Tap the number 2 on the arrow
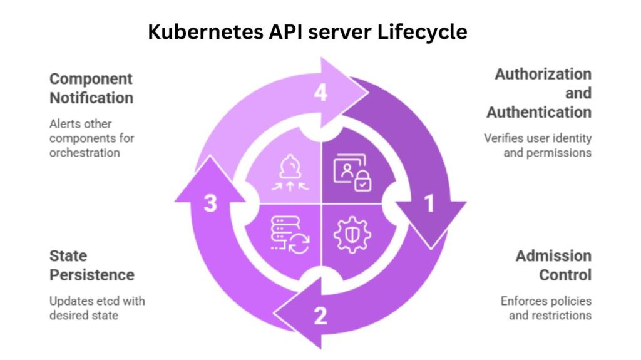pyautogui.click(x=320, y=316)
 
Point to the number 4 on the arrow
pyautogui.click(x=320, y=93)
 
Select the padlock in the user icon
pyautogui.click(x=362, y=182)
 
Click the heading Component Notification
pyautogui.click(x=91, y=88)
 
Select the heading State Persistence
pyautogui.click(x=91, y=265)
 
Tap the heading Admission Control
pyautogui.click(x=553, y=265)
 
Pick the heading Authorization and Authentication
pyautogui.click(x=540, y=93)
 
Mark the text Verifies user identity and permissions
pyautogui.click(x=538, y=145)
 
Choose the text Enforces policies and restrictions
pyautogui.click(x=546, y=308)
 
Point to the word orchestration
pyautogui.click(x=85, y=153)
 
